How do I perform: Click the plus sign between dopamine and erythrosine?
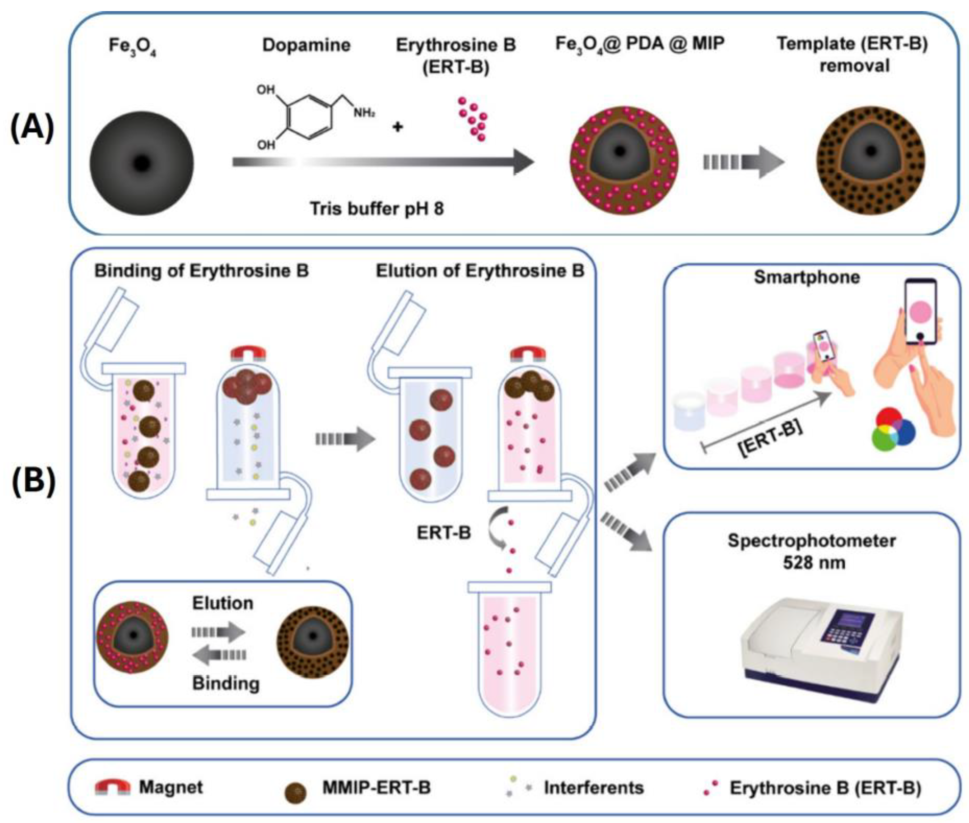397,127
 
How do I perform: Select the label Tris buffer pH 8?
377,209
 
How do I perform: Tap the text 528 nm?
814,563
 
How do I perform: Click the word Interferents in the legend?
594,788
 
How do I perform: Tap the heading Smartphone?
807,277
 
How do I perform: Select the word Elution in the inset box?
223,603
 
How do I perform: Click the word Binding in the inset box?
226,684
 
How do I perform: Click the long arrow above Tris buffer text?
382,162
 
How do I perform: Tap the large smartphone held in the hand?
920,312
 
